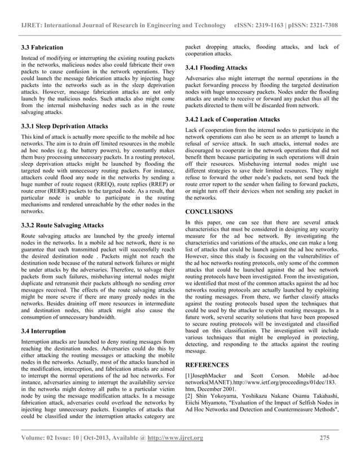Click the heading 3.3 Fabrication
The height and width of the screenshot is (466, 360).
pyautogui.click(x=42, y=47)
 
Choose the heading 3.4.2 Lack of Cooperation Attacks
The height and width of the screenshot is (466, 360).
pyautogui.click(x=232, y=120)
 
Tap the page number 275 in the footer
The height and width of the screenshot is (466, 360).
pyautogui.click(x=324, y=454)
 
